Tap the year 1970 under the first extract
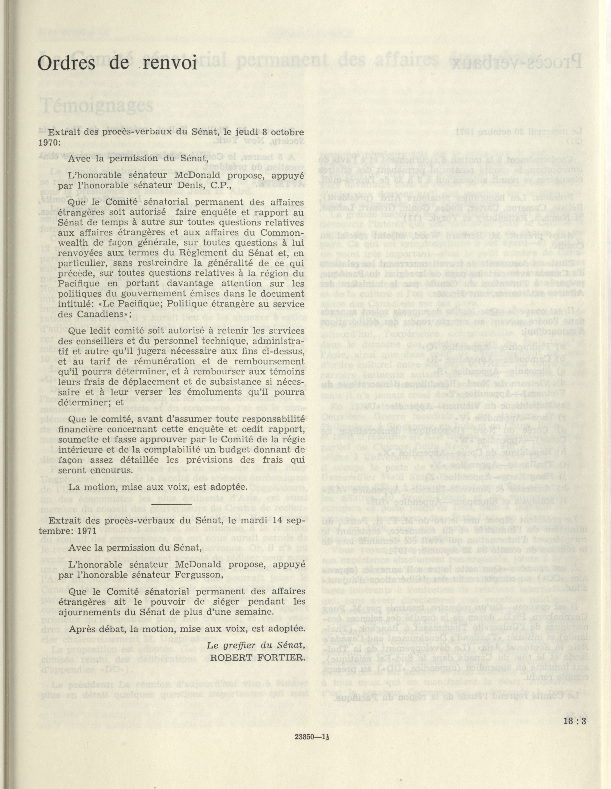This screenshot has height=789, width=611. pos(58,142)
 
